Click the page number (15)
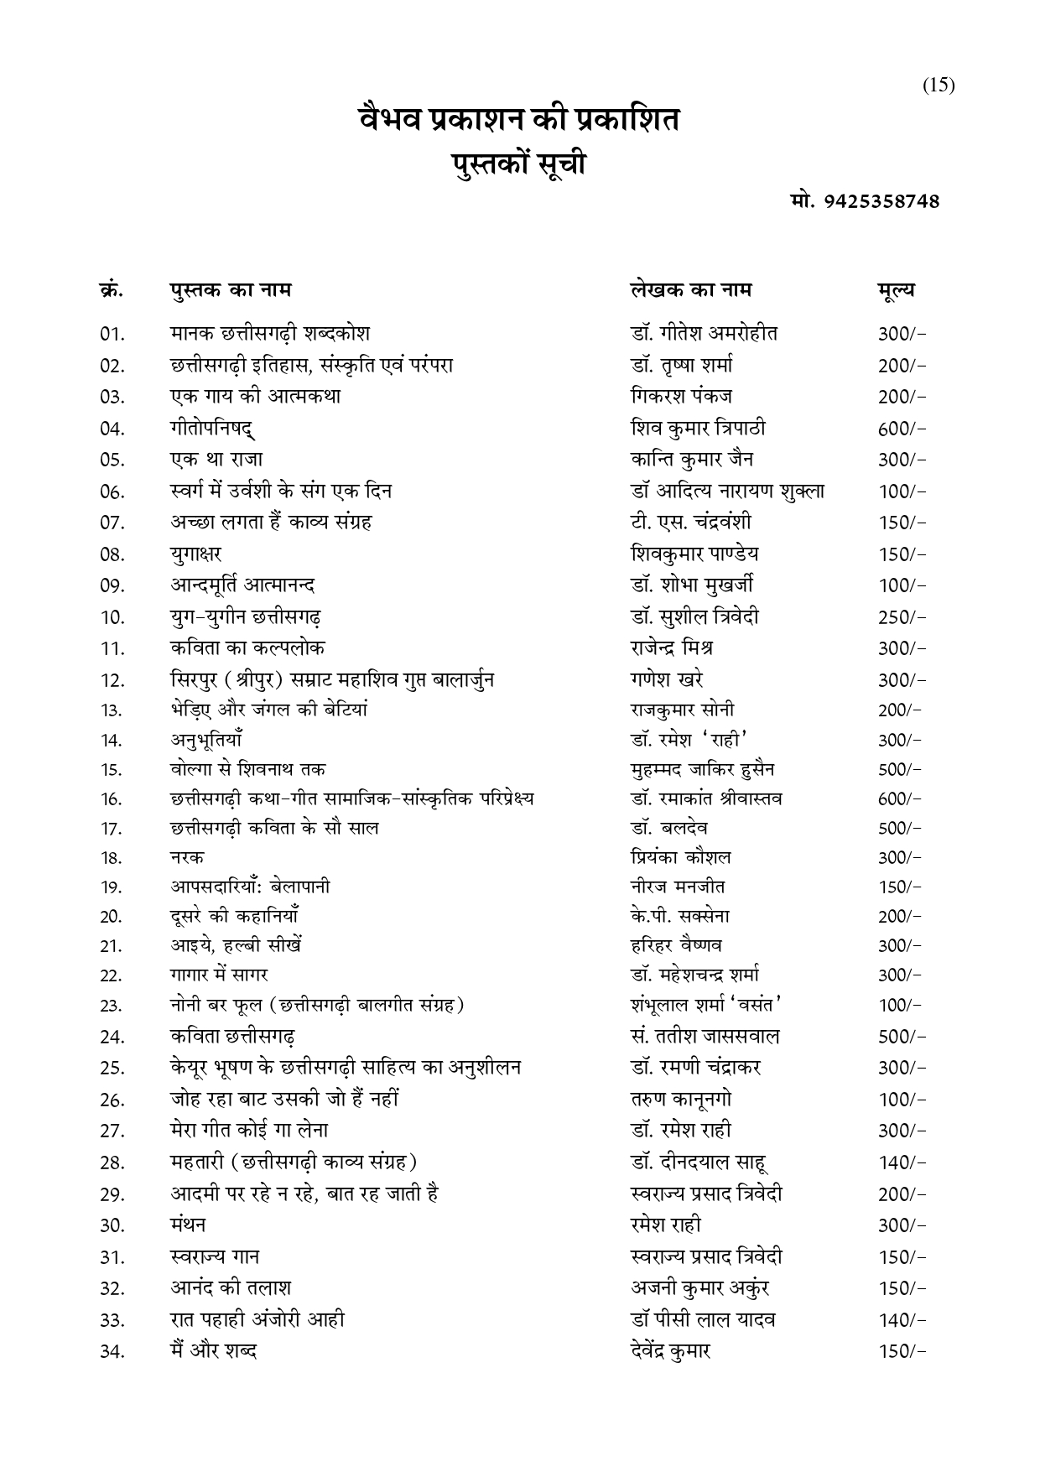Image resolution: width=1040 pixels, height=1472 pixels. (x=939, y=86)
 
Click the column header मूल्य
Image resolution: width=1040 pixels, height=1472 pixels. (x=896, y=290)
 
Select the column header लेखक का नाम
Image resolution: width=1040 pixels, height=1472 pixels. (x=691, y=290)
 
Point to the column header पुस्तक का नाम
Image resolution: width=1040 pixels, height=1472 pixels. (x=230, y=290)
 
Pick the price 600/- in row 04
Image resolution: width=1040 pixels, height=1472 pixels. (x=902, y=429)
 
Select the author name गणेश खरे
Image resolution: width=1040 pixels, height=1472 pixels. (x=667, y=679)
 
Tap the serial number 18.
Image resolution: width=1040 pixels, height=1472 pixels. (x=111, y=858)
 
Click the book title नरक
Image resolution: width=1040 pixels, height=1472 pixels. (x=186, y=857)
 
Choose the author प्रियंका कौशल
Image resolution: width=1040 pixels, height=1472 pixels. (x=680, y=857)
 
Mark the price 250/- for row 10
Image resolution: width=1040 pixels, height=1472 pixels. (x=902, y=617)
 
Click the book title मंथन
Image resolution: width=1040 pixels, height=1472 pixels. (x=188, y=1225)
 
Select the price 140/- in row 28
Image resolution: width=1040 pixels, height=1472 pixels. (x=902, y=1163)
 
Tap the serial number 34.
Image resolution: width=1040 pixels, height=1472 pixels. (x=112, y=1352)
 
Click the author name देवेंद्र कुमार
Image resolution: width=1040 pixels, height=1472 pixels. (x=670, y=1351)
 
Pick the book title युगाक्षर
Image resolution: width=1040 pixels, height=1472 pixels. (x=195, y=554)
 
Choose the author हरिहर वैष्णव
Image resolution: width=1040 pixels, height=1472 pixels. (x=676, y=946)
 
